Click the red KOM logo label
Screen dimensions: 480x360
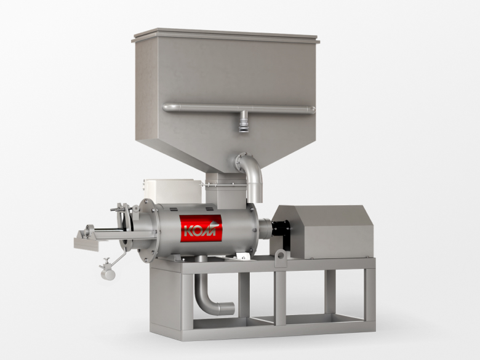(x=201, y=228)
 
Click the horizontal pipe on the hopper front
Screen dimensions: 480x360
(x=239, y=108)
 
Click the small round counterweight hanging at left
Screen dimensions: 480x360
(x=108, y=273)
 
